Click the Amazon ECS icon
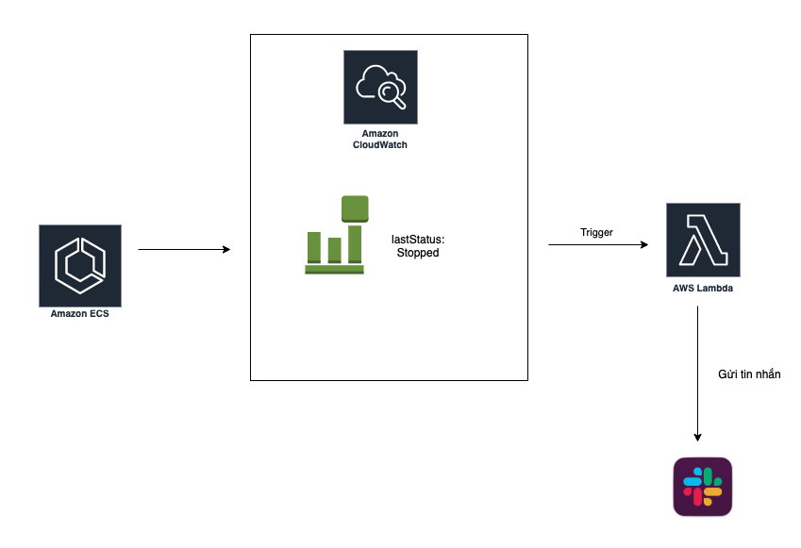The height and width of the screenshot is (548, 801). pyautogui.click(x=80, y=265)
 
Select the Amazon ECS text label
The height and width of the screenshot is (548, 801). pyautogui.click(x=80, y=314)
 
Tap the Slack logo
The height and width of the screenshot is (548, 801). pyautogui.click(x=703, y=487)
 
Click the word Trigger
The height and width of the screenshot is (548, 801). pyautogui.click(x=596, y=232)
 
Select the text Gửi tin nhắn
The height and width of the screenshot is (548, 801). pyautogui.click(x=749, y=374)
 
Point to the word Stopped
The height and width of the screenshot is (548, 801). pyautogui.click(x=417, y=253)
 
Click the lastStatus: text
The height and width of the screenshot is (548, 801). pyautogui.click(x=417, y=240)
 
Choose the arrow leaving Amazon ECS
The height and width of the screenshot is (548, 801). pyautogui.click(x=184, y=250)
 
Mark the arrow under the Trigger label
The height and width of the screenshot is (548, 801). pyautogui.click(x=598, y=245)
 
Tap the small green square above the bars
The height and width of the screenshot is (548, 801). pyautogui.click(x=355, y=208)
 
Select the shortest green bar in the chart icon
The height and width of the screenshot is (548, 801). pyautogui.click(x=334, y=250)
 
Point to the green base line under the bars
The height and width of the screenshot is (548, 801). pyautogui.click(x=334, y=270)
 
